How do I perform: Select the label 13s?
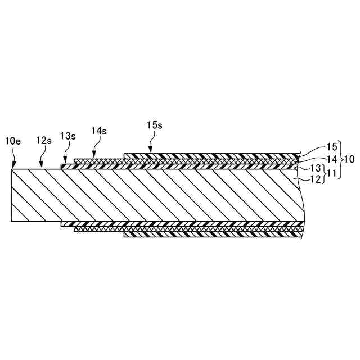(x=68, y=136)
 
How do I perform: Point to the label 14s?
(x=98, y=130)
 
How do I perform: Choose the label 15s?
(x=155, y=125)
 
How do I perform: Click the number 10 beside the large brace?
(x=349, y=159)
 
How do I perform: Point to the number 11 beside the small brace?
(x=333, y=174)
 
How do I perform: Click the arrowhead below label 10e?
(x=12, y=166)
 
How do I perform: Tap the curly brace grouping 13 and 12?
(x=325, y=174)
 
